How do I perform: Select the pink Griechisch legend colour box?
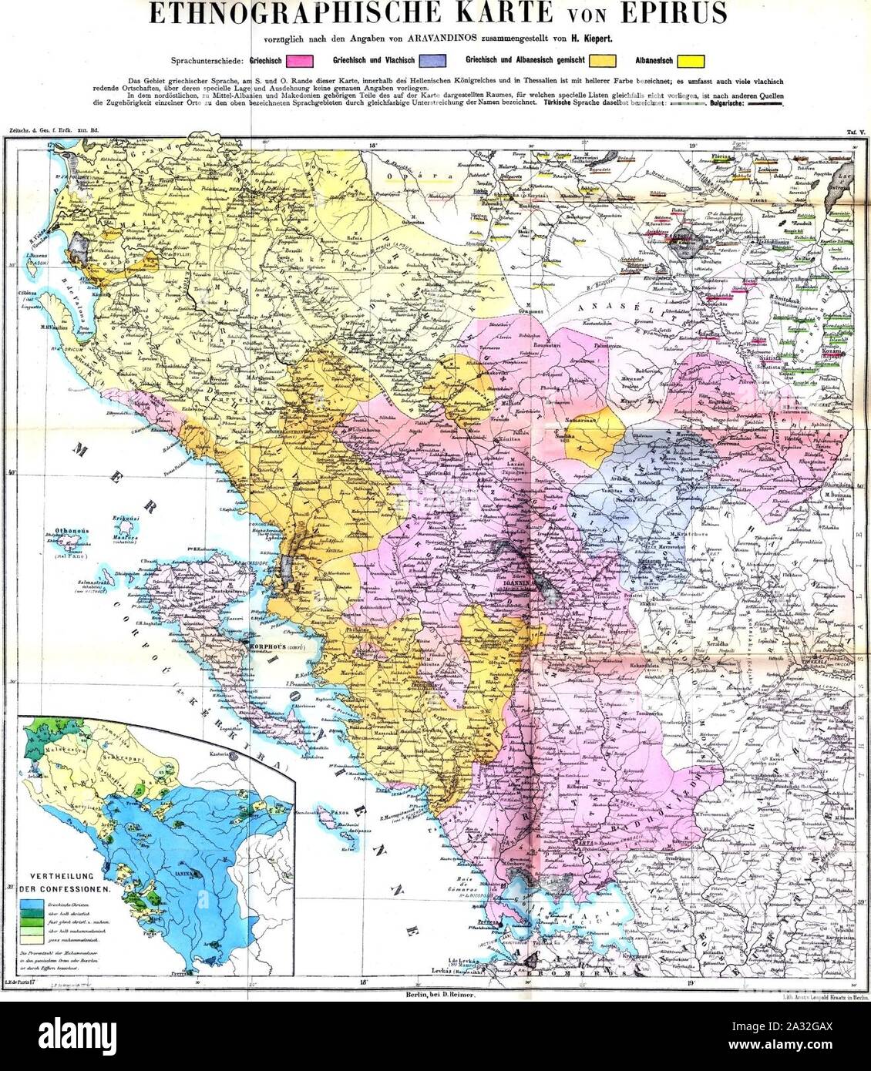click(296, 59)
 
